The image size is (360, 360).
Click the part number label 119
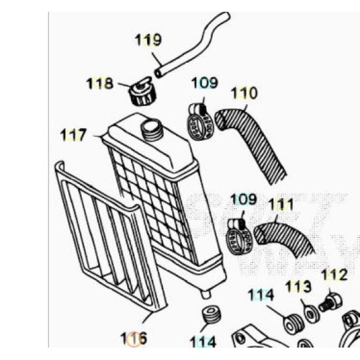coord(148,40)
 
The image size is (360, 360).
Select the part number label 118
coord(99,83)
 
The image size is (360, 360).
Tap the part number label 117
coord(73,135)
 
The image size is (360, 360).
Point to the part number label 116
coord(134,338)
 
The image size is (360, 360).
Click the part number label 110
coord(244,93)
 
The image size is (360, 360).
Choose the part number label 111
coord(281,205)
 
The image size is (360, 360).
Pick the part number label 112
coord(334,275)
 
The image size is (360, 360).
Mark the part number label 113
coord(298,287)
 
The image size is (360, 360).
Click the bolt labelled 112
coord(331,302)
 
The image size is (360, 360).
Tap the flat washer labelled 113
coord(312,313)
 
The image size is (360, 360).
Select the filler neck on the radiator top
coord(151,129)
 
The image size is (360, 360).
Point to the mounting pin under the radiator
coord(206,295)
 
